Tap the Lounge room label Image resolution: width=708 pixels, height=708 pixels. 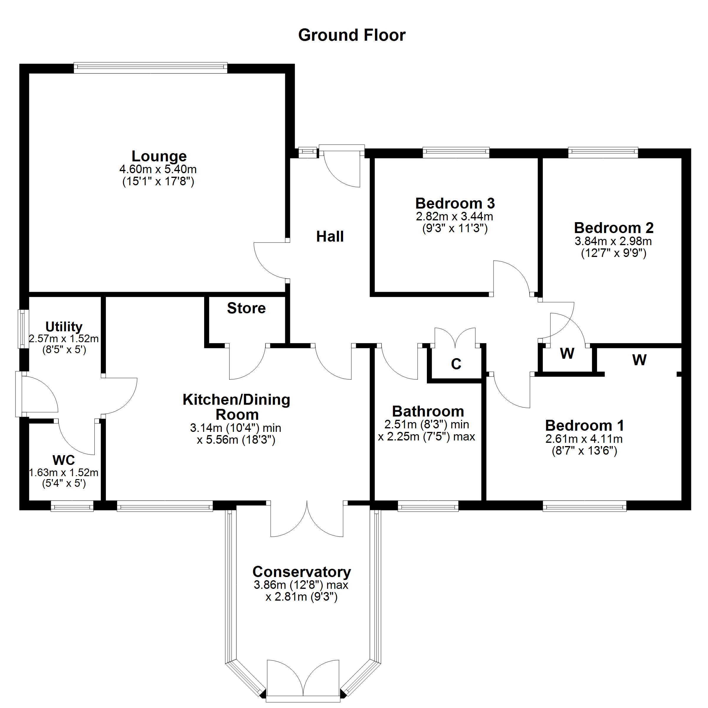coord(159,156)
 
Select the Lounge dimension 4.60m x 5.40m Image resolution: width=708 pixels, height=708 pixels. coord(158,170)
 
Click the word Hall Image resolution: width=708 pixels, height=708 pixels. coord(330,237)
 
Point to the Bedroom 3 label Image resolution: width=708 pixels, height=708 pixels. coord(455,203)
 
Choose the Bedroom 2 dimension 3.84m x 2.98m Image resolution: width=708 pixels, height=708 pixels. coord(613,241)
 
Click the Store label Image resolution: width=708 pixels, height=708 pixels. coord(246,309)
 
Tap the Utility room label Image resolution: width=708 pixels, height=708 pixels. coord(64,327)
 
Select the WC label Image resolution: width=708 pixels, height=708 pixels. coord(64,460)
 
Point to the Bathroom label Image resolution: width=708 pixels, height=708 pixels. coord(428,412)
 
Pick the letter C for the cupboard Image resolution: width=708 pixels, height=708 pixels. coord(456,364)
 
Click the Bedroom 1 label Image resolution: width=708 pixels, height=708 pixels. coord(584,426)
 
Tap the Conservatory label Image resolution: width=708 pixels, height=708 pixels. coord(301,572)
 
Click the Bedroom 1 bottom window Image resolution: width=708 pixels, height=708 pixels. coord(584,507)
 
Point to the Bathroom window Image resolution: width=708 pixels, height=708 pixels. coord(428,507)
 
